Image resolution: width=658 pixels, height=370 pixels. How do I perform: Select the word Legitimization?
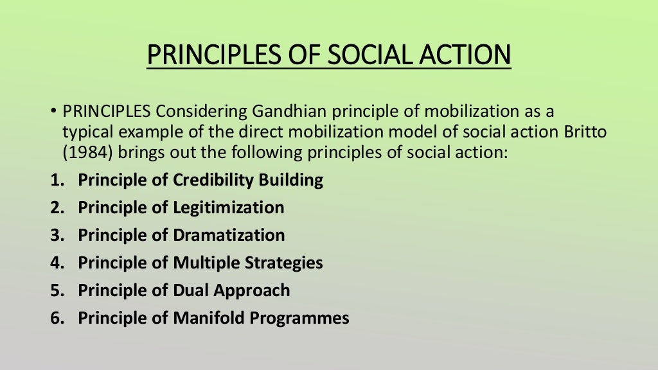228,207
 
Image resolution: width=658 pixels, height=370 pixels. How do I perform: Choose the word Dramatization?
229,235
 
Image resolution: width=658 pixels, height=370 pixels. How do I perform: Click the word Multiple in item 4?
207,263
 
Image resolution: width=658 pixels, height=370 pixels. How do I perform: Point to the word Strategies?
285,263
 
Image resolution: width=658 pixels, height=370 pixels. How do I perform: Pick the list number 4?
56,263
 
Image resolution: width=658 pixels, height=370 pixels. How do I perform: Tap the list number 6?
56,318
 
